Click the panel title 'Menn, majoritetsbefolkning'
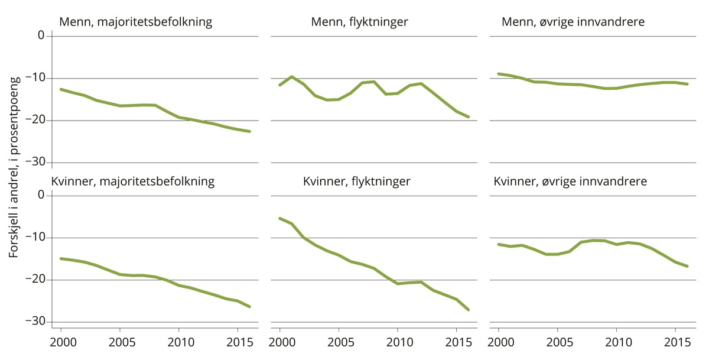pos(135,22)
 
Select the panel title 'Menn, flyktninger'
pos(359,22)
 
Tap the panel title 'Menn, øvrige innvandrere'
pos(573,22)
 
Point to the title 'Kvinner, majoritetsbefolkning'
pos(133,181)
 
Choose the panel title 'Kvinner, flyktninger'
pos(356,181)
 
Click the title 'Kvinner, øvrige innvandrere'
pos(570,181)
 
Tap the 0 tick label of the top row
pos(41,35)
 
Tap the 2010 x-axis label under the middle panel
pos(397,343)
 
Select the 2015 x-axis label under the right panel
pos(675,343)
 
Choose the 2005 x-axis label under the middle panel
pos(339,343)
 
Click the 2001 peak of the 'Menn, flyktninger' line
pos(291,77)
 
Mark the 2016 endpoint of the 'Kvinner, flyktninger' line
pos(469,310)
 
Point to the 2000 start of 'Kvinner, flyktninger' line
pos(279,218)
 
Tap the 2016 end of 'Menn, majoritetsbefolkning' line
pos(249,131)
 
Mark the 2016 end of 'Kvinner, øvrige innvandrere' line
pos(687,266)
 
